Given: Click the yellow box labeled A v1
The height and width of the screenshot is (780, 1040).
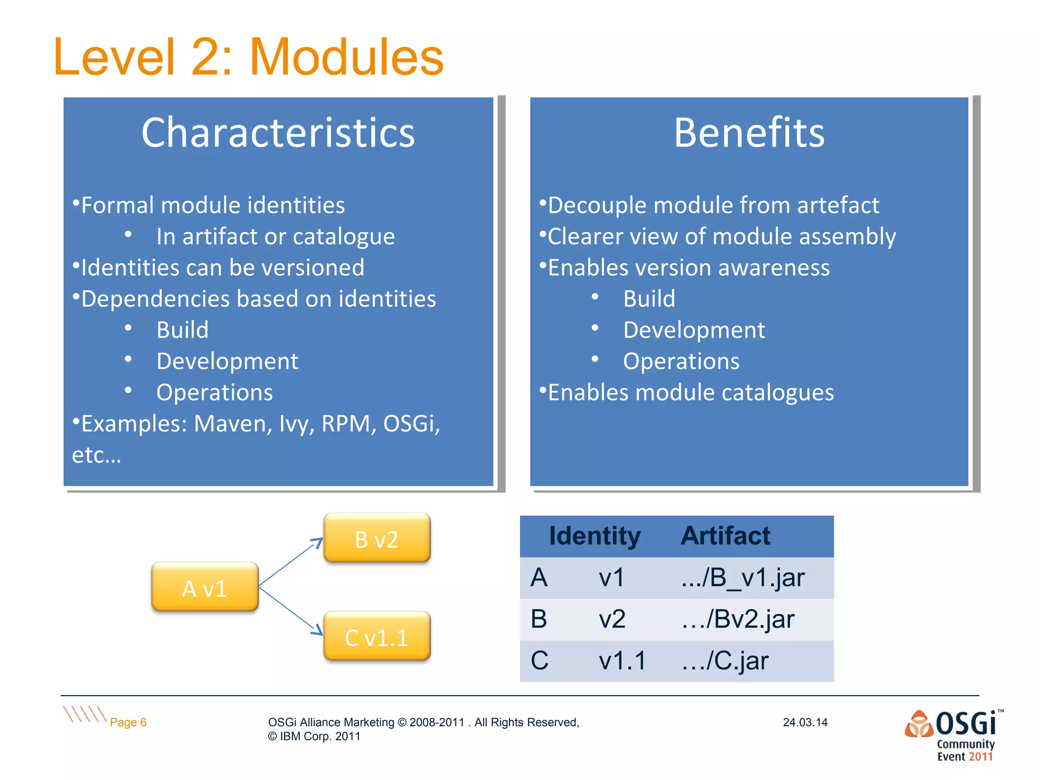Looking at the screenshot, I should pyautogui.click(x=205, y=587).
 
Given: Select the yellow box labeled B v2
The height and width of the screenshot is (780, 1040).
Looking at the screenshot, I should pyautogui.click(x=377, y=538).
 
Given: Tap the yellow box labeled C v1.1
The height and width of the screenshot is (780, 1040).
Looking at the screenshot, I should pyautogui.click(x=377, y=637).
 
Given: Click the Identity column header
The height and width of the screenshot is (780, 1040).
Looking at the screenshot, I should pyautogui.click(x=595, y=536).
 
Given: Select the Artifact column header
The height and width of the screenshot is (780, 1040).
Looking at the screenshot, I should pyautogui.click(x=725, y=536).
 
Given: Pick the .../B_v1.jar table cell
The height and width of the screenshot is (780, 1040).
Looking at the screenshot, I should pyautogui.click(x=742, y=578).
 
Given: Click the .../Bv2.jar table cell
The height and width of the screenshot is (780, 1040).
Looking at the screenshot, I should pyautogui.click(x=738, y=620).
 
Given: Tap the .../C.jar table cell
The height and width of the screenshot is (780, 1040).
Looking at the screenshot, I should pyautogui.click(x=725, y=661).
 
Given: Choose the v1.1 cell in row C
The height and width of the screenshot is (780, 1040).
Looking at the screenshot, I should pyautogui.click(x=622, y=661).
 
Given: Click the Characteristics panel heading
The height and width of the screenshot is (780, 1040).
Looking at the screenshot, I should pyautogui.click(x=278, y=133).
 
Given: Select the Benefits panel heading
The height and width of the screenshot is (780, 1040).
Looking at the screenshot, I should pyautogui.click(x=749, y=133).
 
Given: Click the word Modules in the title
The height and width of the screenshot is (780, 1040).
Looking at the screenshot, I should pyautogui.click(x=346, y=57).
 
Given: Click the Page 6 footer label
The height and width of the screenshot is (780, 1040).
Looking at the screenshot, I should pyautogui.click(x=128, y=722).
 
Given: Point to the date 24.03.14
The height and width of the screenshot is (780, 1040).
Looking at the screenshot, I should pyautogui.click(x=805, y=722).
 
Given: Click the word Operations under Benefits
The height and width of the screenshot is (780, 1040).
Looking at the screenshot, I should pyautogui.click(x=681, y=362).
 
